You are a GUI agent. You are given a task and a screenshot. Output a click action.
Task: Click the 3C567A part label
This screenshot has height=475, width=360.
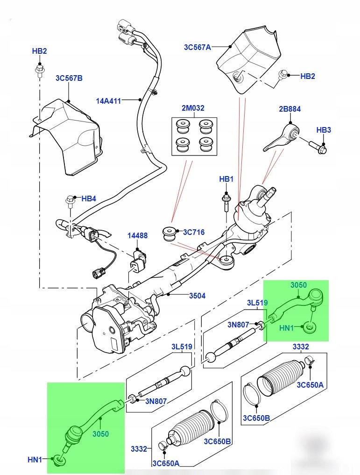tap(197, 47)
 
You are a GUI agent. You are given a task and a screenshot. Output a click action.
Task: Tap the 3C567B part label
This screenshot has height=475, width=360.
tap(69, 78)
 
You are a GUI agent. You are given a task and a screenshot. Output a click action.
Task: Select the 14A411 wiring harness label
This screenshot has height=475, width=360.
tap(108, 101)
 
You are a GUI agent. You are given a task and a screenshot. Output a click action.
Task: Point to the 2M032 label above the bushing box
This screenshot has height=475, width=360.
tap(193, 108)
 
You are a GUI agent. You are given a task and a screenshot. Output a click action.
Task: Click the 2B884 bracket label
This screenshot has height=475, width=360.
tap(290, 109)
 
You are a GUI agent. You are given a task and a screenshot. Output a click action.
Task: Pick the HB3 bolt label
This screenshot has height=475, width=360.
tap(324, 130)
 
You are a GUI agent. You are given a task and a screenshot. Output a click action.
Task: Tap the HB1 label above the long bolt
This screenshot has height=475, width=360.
tap(226, 179)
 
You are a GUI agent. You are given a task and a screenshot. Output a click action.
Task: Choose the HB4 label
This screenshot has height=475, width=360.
tap(89, 199)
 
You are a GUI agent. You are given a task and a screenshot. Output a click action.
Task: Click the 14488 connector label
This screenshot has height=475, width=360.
tap(137, 235)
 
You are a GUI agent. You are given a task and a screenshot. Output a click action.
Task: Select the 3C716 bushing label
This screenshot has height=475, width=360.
tap(194, 232)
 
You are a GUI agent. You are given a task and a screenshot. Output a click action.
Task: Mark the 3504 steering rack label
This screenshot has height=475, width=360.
tap(197, 296)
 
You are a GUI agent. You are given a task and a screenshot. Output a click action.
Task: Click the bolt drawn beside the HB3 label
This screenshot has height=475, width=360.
tap(318, 148)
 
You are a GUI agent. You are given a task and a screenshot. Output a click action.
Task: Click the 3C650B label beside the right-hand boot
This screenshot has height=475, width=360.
tap(256, 418)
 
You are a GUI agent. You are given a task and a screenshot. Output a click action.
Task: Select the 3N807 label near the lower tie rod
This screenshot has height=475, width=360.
tap(156, 401)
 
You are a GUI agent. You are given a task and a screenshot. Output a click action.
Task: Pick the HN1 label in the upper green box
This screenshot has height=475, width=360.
tap(286, 328)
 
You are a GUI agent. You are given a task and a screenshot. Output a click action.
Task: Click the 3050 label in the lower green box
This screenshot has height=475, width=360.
tap(100, 434)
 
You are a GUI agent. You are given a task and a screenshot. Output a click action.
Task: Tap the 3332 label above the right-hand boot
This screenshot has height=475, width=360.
tap(301, 347)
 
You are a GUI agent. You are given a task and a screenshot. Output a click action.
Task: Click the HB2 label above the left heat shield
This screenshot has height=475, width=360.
tap(39, 51)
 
